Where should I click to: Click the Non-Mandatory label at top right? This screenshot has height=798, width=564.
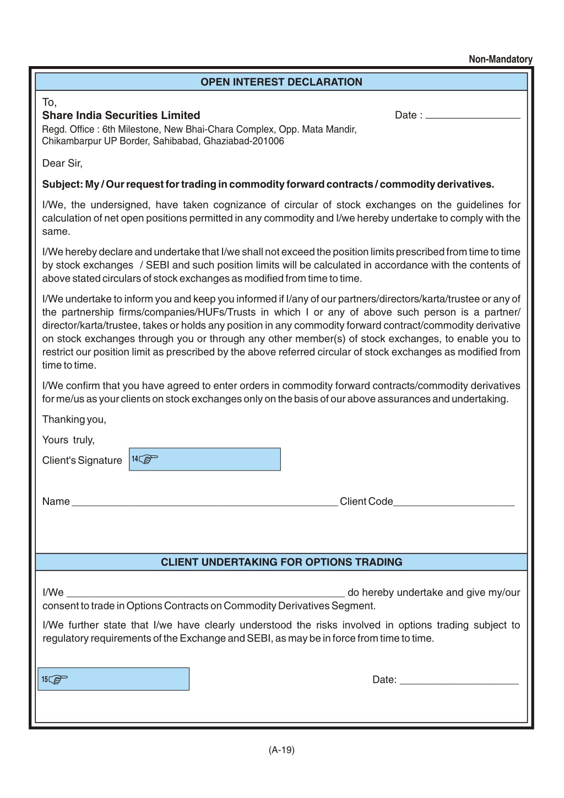point(500,59)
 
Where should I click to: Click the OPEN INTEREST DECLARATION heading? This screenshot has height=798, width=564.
point(281,82)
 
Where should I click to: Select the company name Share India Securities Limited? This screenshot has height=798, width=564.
point(121,115)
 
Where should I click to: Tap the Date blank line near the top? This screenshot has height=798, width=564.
point(473,116)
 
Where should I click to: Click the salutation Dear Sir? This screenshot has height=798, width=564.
point(62,163)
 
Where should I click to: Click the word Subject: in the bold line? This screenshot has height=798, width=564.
point(63,184)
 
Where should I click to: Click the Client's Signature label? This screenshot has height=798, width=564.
point(82,461)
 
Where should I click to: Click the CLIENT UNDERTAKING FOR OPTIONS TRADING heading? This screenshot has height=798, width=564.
point(281,562)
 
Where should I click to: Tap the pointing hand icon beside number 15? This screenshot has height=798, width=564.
point(58,680)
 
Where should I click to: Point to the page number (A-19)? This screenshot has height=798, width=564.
point(281,750)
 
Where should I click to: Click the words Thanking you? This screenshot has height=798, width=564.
point(74,419)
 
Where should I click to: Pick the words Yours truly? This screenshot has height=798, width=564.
point(68,440)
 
